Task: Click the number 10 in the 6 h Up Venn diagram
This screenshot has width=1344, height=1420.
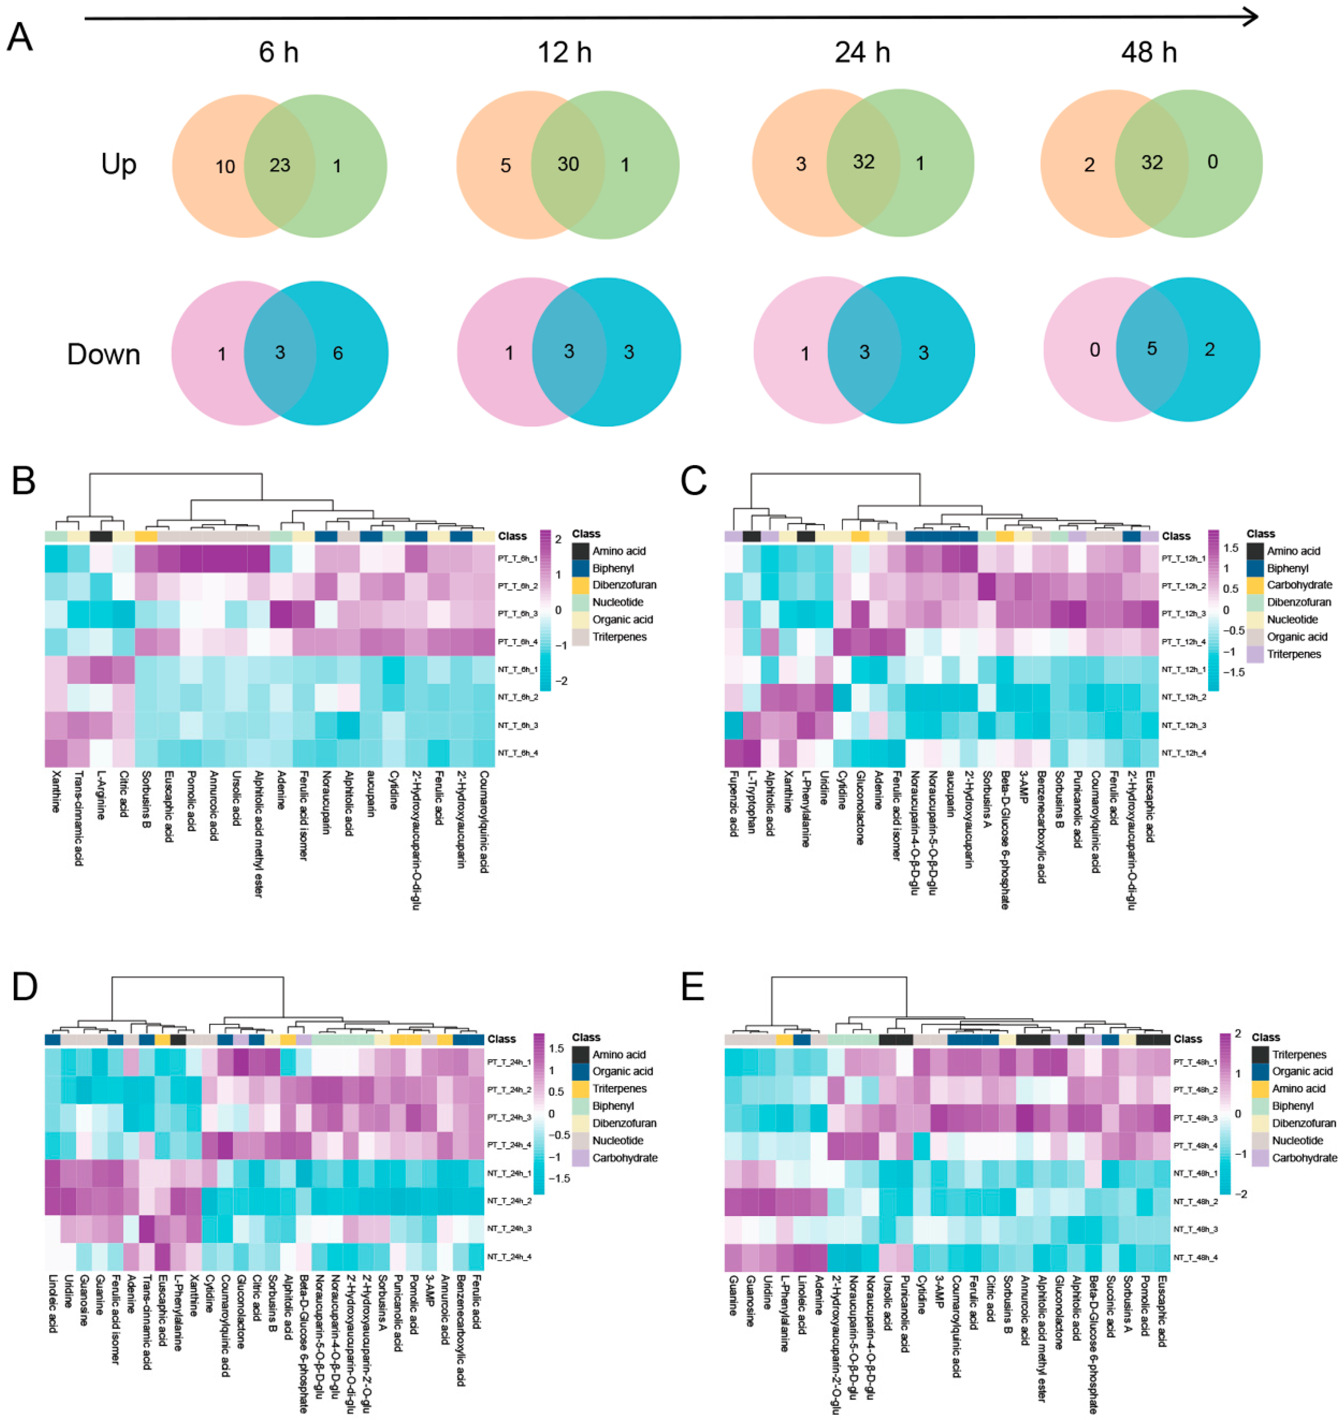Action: pyautogui.click(x=225, y=167)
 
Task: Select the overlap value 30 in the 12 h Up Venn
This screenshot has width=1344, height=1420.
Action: pyautogui.click(x=568, y=164)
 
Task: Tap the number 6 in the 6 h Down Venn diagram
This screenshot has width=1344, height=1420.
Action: pyautogui.click(x=337, y=353)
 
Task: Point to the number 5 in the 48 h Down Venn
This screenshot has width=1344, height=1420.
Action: pyautogui.click(x=1151, y=349)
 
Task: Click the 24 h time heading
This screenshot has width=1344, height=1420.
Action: pyautogui.click(x=862, y=52)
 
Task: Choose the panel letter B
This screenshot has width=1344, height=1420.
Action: pyautogui.click(x=24, y=481)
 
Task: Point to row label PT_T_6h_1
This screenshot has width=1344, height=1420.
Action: pyautogui.click(x=517, y=558)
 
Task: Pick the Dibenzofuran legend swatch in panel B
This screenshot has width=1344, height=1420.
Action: pyautogui.click(x=582, y=585)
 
